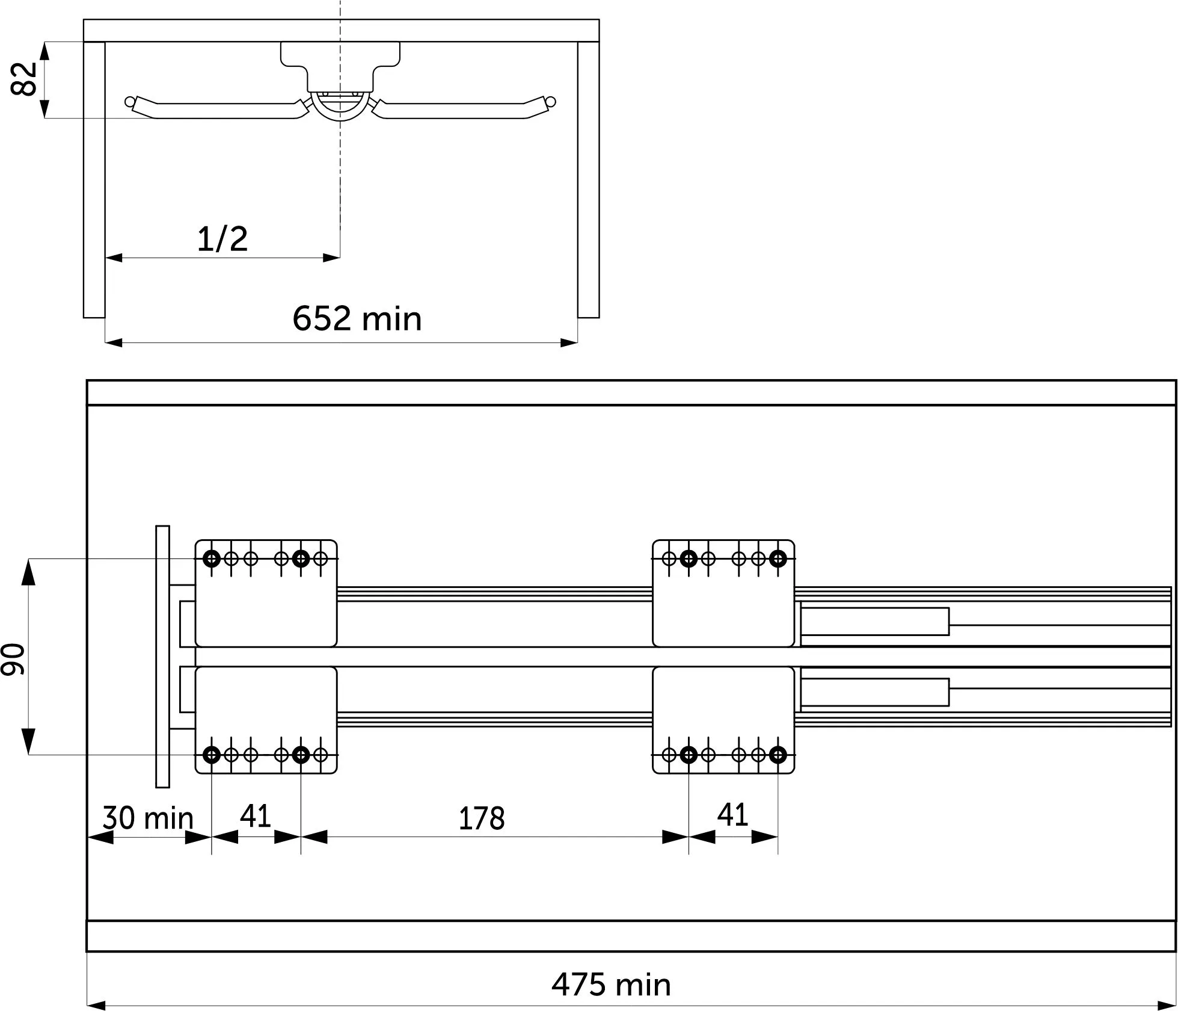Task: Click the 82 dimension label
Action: (x=25, y=79)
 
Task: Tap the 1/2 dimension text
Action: (x=222, y=239)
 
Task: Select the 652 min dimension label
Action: (x=357, y=319)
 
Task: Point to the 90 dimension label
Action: (x=13, y=658)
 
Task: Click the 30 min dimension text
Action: (x=148, y=818)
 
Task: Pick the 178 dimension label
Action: (x=481, y=819)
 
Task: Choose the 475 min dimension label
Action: (x=611, y=985)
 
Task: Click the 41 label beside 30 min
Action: (x=256, y=816)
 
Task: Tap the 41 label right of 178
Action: (x=732, y=815)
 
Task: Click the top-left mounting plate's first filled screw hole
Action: (x=212, y=559)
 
